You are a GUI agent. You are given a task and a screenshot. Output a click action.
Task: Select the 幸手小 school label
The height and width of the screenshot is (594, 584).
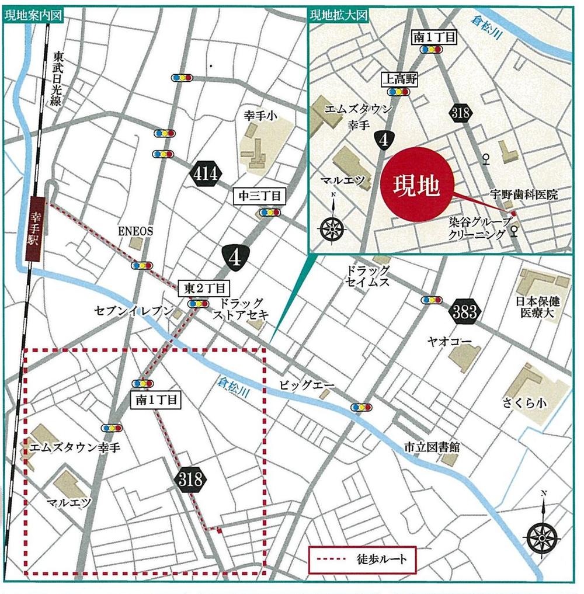(x=260, y=117)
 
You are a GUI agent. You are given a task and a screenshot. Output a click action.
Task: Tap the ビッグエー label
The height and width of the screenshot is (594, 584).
(x=299, y=386)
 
